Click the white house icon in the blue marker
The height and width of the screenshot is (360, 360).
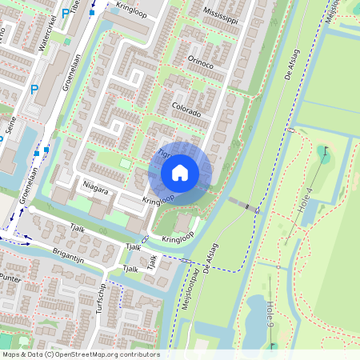180,172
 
